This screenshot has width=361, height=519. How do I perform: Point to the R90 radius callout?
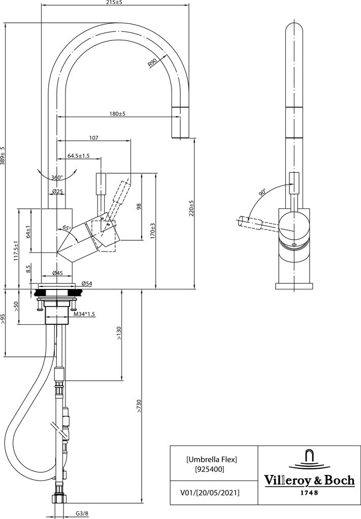click(x=152, y=62)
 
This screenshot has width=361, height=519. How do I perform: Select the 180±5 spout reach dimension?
click(x=117, y=114)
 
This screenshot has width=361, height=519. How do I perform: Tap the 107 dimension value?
click(x=94, y=138)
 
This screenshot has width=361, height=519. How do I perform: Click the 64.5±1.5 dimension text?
click(x=79, y=156)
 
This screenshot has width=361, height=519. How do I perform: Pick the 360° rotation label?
click(x=57, y=177)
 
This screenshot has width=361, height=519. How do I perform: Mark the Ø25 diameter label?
click(x=58, y=191)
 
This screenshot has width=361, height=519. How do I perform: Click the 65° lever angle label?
click(x=67, y=228)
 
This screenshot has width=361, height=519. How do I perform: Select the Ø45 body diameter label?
click(x=58, y=273)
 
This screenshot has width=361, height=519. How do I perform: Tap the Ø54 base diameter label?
click(x=86, y=283)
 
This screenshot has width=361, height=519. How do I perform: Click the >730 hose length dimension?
click(x=139, y=406)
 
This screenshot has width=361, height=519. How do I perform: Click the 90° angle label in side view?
click(x=262, y=192)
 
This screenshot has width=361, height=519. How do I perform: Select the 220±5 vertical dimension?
click(x=191, y=208)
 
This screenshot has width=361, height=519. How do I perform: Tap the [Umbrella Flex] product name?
click(x=212, y=459)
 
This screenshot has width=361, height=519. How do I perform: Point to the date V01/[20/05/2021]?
click(x=209, y=493)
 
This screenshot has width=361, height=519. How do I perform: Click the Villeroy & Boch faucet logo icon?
click(x=309, y=461)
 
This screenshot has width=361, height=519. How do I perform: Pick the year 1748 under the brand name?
click(x=309, y=493)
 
